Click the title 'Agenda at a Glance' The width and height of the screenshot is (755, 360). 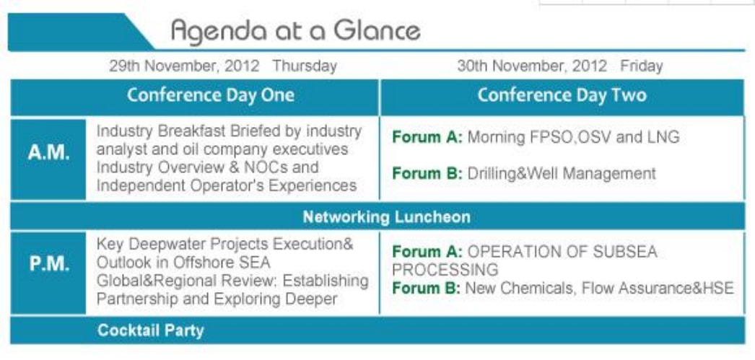click(296, 31)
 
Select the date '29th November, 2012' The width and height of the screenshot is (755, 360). click(184, 66)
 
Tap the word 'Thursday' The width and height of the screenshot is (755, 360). click(305, 66)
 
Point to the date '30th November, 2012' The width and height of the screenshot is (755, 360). click(532, 66)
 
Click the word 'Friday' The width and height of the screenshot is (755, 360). click(642, 66)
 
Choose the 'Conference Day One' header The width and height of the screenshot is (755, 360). click(211, 95)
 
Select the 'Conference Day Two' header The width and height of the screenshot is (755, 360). click(562, 95)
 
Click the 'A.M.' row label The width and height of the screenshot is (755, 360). click(48, 154)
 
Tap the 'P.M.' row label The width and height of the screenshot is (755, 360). click(48, 265)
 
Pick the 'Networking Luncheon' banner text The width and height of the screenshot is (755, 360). click(387, 216)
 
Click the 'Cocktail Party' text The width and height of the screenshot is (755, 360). click(151, 330)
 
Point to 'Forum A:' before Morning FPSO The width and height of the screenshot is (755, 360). click(427, 137)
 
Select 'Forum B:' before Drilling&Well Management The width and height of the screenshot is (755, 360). click(427, 172)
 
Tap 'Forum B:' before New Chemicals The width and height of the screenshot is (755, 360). click(427, 288)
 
